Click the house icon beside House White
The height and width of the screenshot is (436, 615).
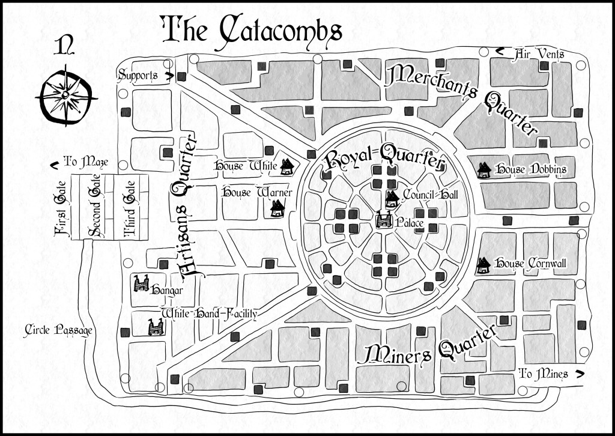288,165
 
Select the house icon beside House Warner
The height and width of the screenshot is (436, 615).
277,208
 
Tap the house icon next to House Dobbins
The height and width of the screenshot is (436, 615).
483,171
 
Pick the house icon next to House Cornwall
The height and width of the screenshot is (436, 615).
483,265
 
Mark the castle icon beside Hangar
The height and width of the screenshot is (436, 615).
142,283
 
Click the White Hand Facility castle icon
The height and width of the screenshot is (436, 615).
155,327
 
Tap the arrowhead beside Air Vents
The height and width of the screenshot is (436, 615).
499,53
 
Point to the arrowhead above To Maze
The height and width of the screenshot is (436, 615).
54,160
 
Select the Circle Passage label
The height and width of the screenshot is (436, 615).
60,330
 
